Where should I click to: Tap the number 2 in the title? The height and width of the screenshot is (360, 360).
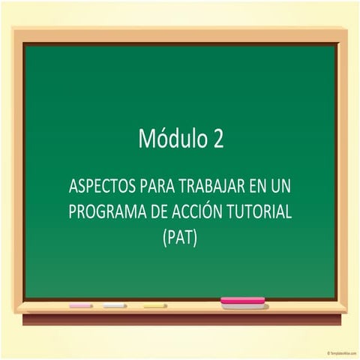217,139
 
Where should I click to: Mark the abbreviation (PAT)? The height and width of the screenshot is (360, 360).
180,239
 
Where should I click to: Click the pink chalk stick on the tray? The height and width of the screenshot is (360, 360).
80,306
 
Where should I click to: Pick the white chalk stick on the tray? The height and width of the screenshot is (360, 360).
115,306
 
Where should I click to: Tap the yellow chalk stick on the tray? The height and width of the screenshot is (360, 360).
154,306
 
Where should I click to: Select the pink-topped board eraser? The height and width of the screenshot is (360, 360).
242,302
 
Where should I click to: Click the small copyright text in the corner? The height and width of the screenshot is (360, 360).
342,352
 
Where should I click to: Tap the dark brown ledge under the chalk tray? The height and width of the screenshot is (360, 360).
180,320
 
